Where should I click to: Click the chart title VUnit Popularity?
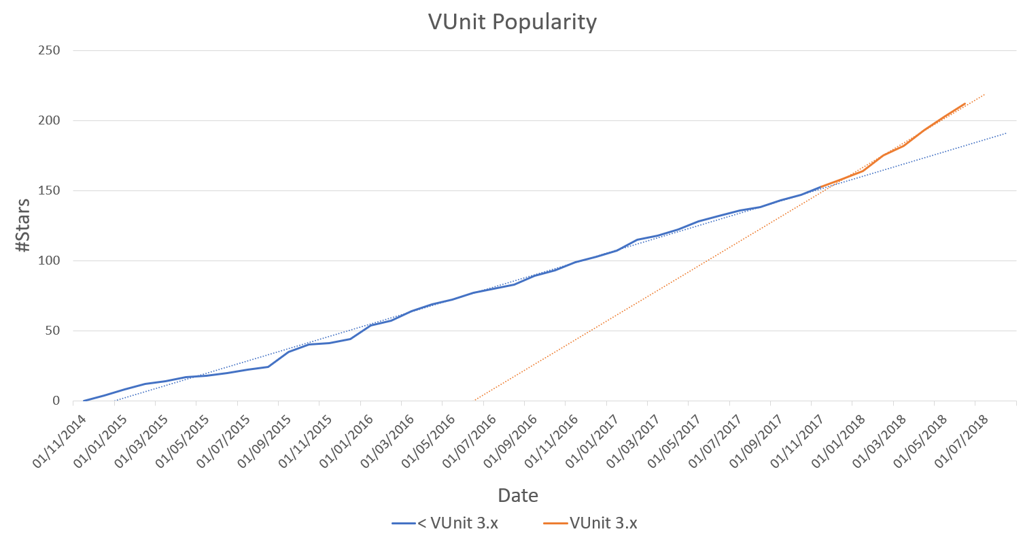[512, 22]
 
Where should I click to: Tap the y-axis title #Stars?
[22, 225]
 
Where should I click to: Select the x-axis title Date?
[518, 495]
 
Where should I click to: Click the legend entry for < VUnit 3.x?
[445, 523]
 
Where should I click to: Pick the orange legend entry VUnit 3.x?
[590, 523]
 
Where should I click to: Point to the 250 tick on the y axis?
[50, 50]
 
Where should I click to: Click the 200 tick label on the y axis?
[50, 120]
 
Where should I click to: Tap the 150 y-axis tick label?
[50, 190]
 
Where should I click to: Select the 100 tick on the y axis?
[50, 260]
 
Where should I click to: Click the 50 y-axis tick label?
[52, 331]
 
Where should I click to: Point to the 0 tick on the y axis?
[56, 401]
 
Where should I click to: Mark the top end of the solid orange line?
[965, 104]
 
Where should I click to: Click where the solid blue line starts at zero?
[84, 401]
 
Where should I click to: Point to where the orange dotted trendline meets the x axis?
[474, 401]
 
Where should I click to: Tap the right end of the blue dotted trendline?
[1006, 133]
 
